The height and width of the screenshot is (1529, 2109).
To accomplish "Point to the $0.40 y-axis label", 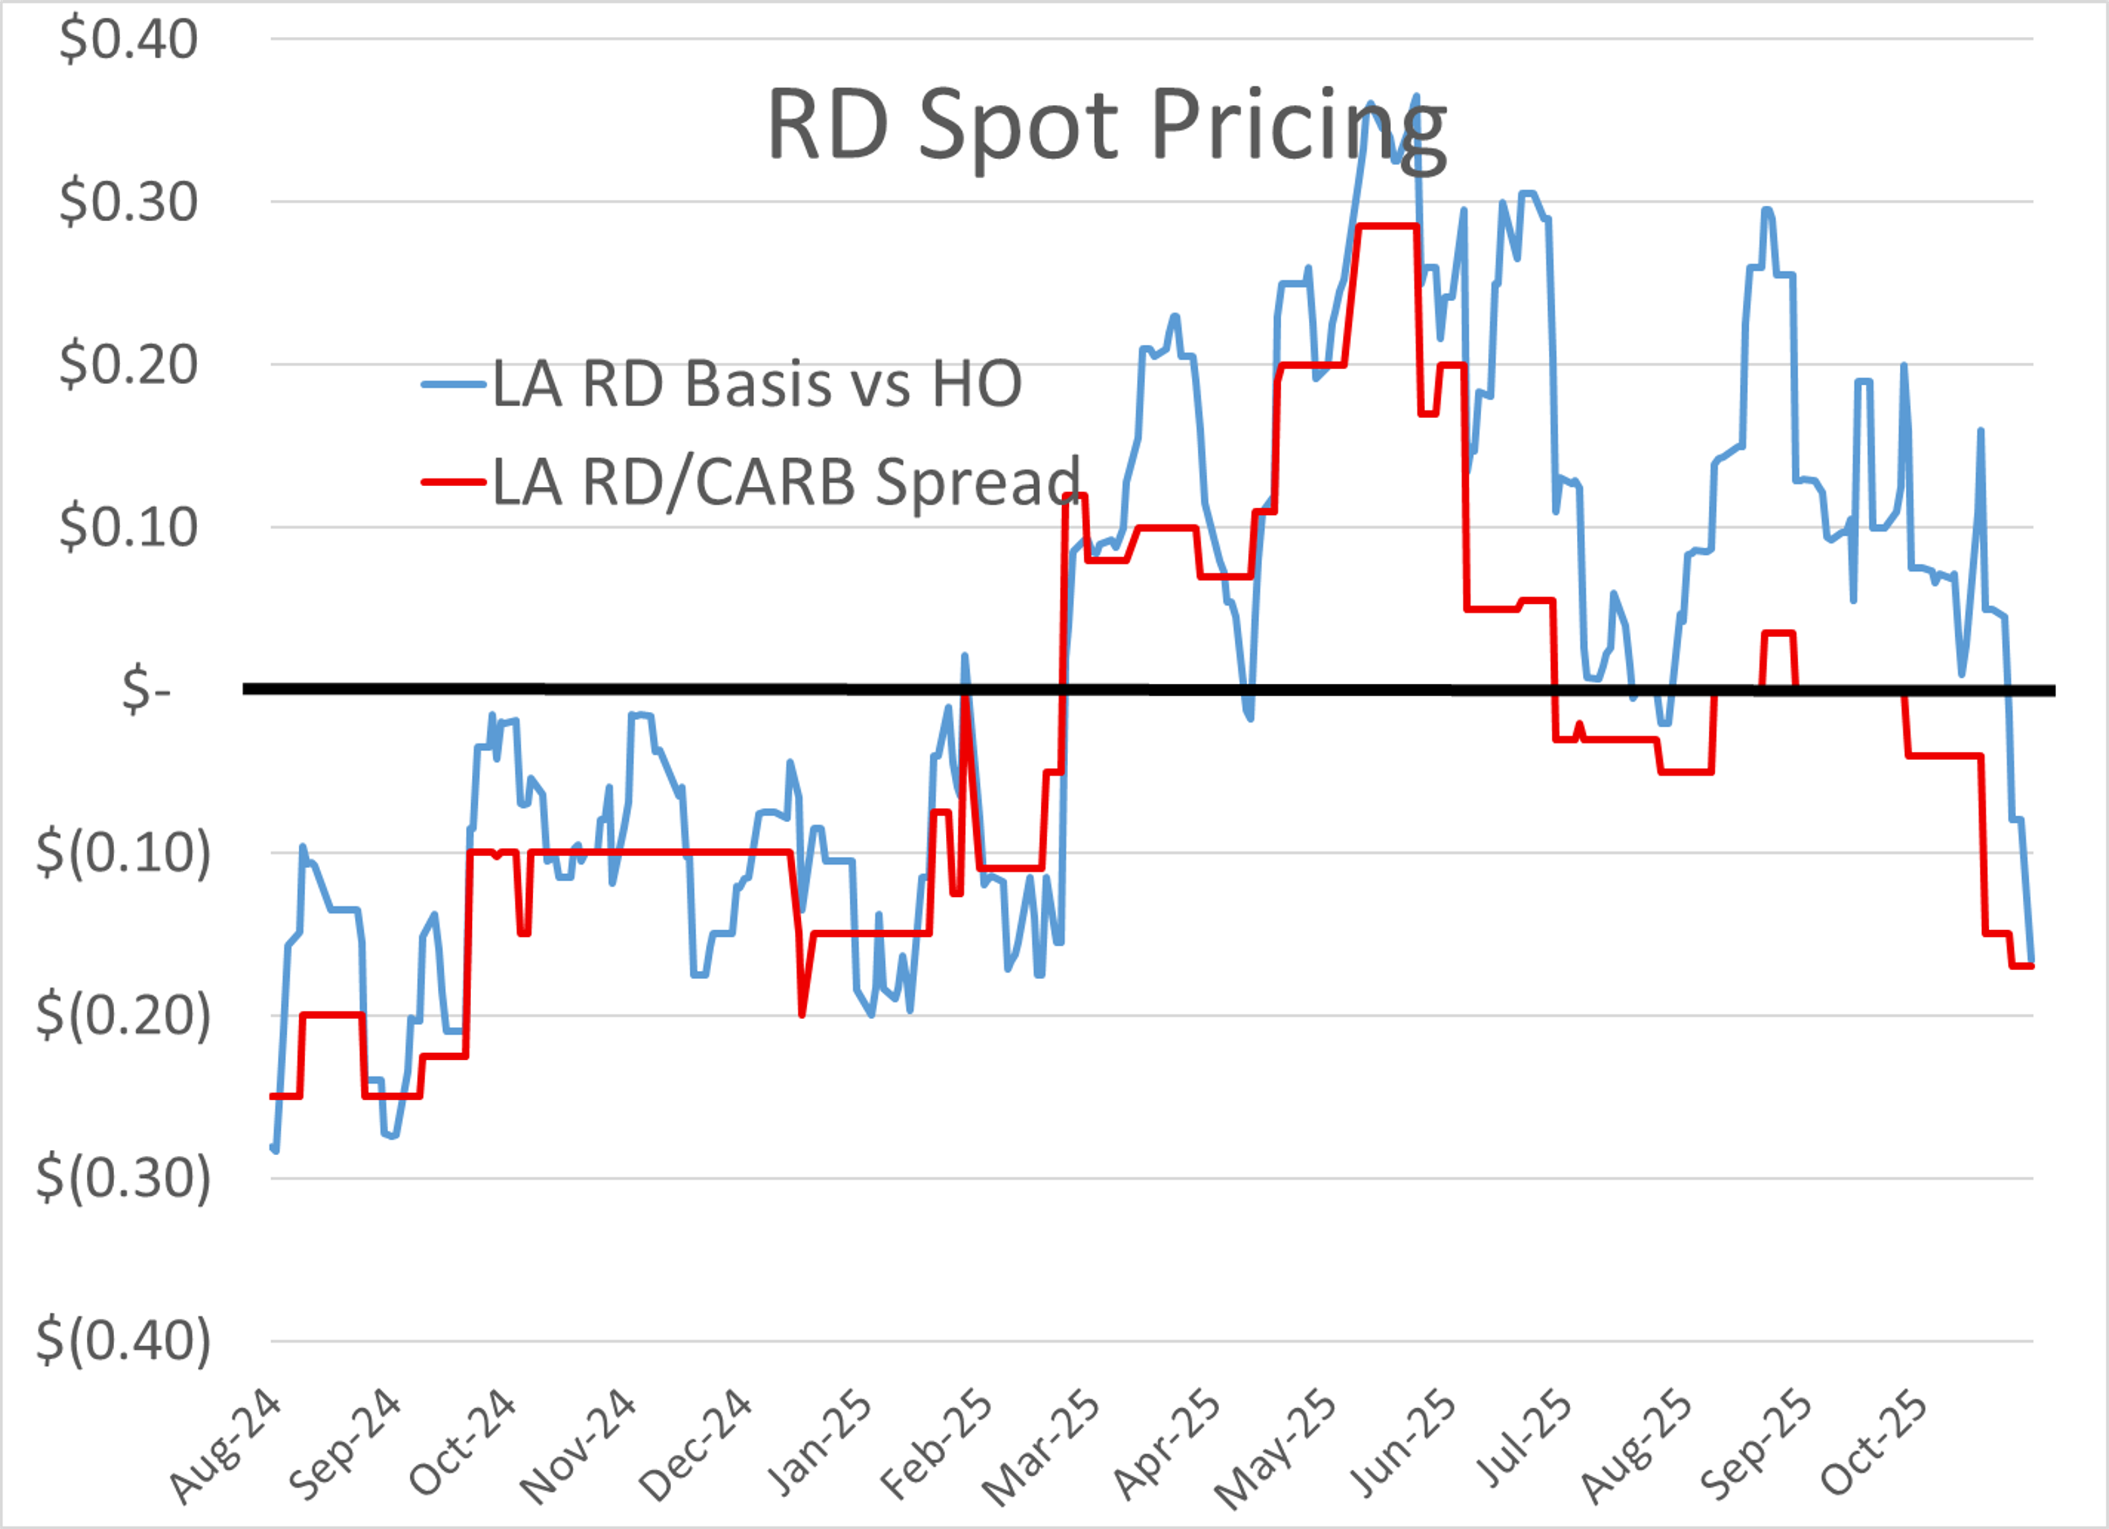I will coord(129,40).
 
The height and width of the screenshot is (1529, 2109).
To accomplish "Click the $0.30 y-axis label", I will coord(129,202).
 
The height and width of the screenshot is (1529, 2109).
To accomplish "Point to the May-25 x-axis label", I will coord(1276,1450).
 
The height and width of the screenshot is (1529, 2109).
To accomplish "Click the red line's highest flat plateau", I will coord(1387,226).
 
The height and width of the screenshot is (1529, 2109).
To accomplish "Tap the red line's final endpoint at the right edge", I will coord(2032,966).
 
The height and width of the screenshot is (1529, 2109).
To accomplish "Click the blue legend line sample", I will coord(453,384).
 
